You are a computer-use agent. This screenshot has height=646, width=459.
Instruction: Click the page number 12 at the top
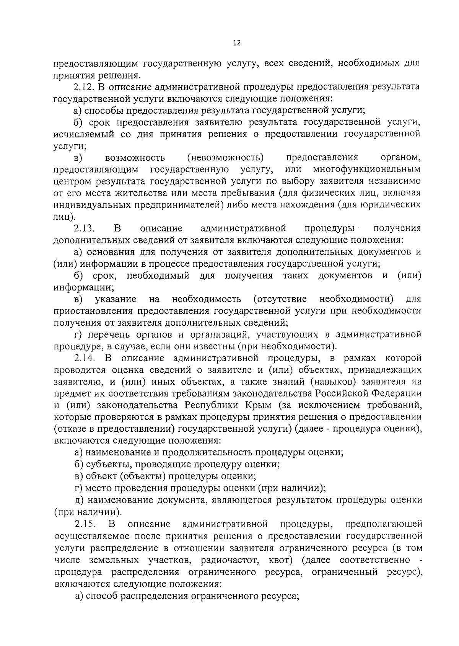(x=236, y=43)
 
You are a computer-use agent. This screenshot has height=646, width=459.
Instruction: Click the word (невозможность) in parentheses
(x=226, y=157)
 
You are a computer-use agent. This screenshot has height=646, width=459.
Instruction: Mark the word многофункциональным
(x=366, y=169)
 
